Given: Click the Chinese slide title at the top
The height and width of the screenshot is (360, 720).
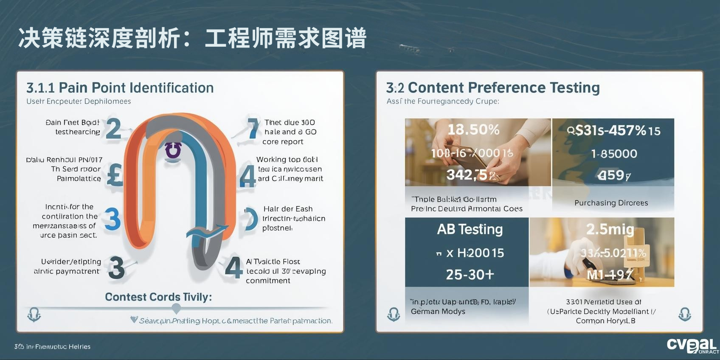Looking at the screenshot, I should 192,39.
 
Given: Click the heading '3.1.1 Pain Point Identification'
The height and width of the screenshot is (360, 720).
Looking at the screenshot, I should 120,88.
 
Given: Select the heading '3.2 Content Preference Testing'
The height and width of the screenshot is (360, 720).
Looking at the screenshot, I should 493,87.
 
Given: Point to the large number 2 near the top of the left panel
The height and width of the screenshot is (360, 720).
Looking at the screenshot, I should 113,129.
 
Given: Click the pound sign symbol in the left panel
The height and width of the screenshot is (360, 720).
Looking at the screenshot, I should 115,175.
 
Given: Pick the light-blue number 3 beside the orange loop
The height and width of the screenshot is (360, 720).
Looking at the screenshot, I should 112,219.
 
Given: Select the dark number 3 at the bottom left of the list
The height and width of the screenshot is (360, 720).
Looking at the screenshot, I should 116,268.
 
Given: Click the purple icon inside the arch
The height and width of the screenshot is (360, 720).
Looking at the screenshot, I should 173,150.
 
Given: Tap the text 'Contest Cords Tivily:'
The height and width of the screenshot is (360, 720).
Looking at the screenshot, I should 158,297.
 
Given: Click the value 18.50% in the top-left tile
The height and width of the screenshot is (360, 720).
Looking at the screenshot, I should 473,129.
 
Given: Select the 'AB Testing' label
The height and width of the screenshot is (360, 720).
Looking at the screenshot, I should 470,229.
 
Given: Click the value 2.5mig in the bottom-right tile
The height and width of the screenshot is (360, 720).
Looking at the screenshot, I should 610,229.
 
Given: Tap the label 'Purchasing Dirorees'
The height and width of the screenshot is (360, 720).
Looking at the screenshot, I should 611,203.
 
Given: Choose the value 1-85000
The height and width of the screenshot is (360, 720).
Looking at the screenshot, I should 614,154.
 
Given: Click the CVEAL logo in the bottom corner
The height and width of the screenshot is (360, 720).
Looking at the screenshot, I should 692,345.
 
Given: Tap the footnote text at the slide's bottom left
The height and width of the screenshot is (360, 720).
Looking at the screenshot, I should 52,347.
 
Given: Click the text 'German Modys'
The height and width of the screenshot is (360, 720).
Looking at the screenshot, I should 438,311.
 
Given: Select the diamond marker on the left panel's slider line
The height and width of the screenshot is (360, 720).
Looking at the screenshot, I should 176,308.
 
